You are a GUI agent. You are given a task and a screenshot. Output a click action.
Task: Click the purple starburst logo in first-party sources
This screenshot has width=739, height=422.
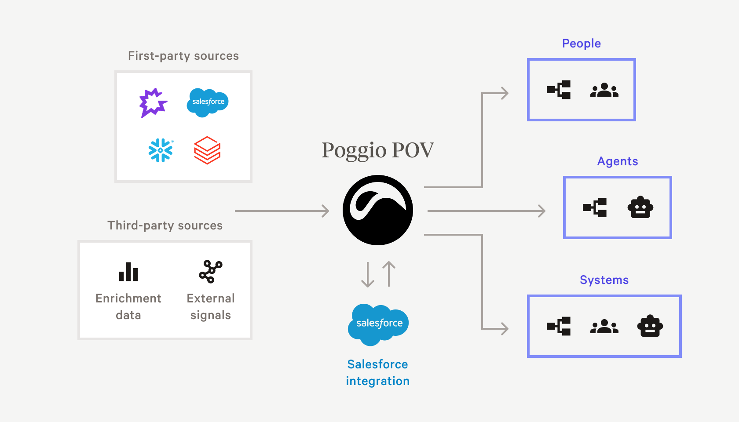click(153, 103)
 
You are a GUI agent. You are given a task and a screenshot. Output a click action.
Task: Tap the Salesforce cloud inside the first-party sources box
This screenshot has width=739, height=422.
click(208, 102)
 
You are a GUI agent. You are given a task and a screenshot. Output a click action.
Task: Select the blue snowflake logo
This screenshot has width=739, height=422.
click(161, 150)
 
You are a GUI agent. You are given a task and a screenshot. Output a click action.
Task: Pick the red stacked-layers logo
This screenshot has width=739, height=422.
click(207, 150)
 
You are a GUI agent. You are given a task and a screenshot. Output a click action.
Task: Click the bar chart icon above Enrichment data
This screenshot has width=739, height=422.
click(128, 272)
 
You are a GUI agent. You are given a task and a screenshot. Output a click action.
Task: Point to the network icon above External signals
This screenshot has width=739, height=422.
click(211, 271)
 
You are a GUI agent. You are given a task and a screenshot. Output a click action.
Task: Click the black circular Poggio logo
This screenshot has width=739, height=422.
click(378, 210)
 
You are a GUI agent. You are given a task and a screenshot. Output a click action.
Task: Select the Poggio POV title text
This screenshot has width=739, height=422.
click(377, 150)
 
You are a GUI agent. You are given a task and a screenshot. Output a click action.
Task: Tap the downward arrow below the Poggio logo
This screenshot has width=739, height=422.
click(368, 275)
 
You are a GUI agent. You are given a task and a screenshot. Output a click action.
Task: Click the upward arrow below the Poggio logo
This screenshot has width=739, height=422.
click(389, 274)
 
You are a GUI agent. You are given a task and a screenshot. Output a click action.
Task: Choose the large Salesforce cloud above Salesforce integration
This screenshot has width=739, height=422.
click(378, 324)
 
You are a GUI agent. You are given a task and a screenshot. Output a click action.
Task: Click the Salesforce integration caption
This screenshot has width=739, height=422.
click(378, 372)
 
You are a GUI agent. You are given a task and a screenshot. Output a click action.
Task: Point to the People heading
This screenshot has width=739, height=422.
click(581, 44)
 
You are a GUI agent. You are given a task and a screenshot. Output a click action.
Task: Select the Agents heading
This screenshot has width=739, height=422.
click(617, 161)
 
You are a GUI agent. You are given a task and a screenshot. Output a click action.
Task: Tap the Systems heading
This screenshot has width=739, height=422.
click(604, 280)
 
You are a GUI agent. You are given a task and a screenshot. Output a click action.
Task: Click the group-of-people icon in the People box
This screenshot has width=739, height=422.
click(604, 90)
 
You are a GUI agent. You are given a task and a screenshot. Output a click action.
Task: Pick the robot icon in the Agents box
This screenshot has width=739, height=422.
click(640, 207)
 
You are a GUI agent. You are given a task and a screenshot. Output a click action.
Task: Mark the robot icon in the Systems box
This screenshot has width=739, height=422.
click(650, 326)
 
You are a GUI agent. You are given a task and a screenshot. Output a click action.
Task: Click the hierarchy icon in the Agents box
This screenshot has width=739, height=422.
click(595, 207)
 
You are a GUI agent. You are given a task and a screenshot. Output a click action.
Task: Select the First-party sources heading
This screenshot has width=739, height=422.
click(183, 56)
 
